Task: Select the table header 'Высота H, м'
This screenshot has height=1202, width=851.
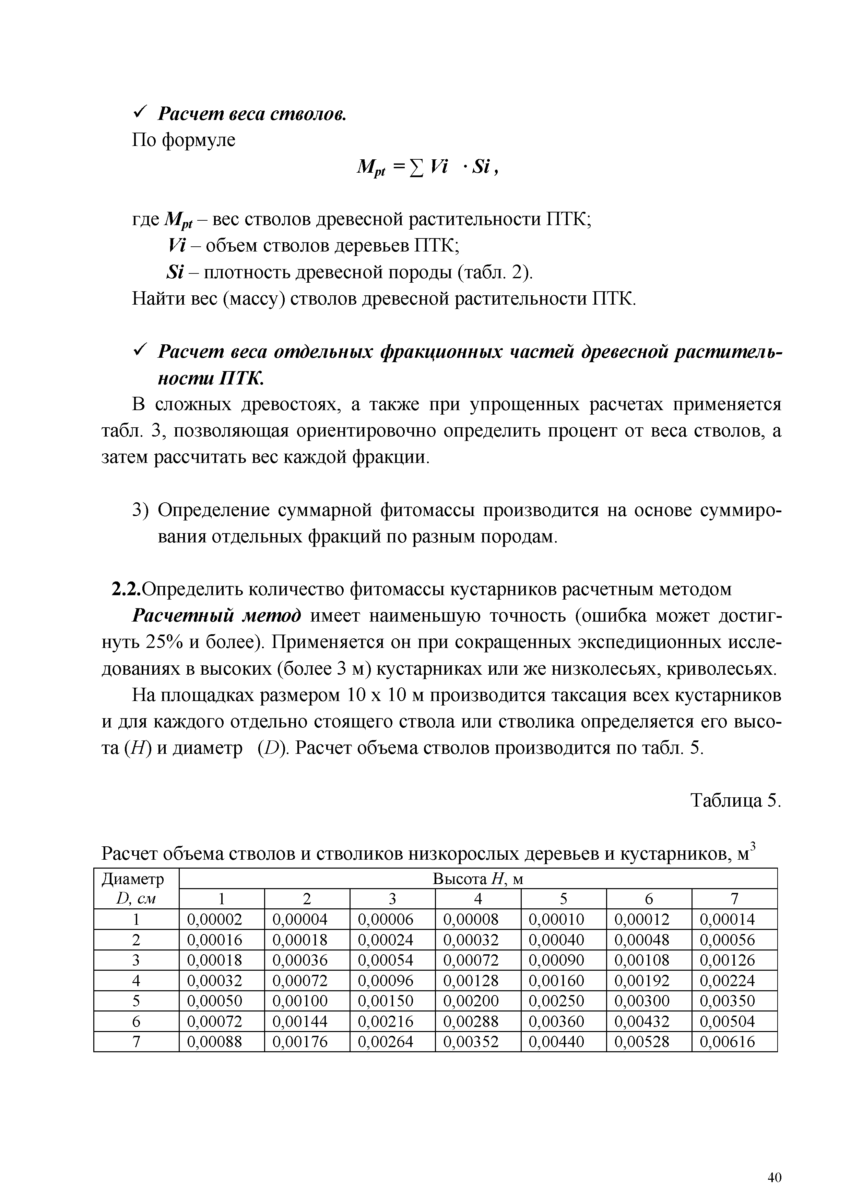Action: pyautogui.click(x=478, y=880)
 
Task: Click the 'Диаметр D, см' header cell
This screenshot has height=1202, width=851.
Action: pyautogui.click(x=136, y=888)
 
